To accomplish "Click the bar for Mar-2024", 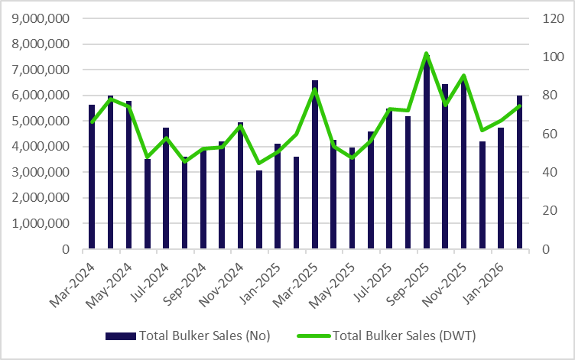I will click(92, 177).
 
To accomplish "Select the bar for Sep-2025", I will click(427, 153).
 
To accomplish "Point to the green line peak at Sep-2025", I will click(427, 54).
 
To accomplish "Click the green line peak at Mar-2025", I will click(315, 89).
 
